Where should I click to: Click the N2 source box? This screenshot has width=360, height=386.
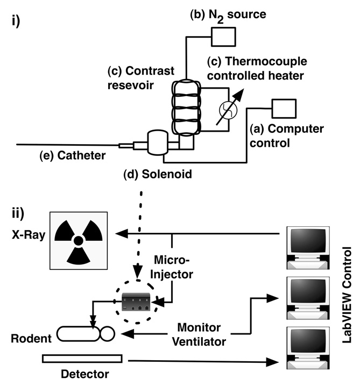pos(220,36)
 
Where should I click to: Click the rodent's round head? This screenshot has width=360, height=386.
pos(107,334)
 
